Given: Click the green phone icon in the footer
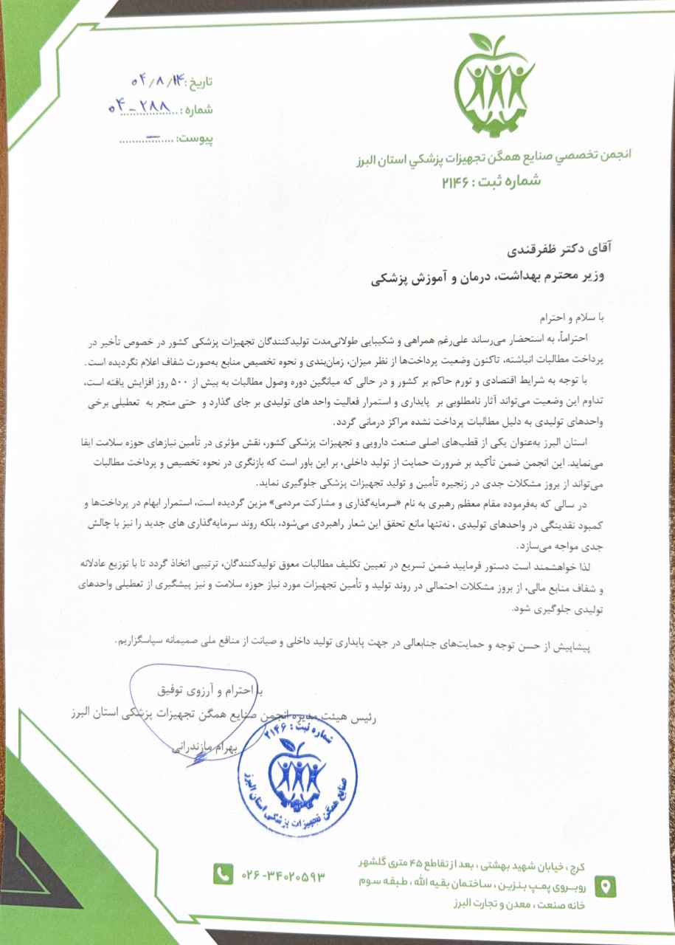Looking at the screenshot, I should coord(222,874).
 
